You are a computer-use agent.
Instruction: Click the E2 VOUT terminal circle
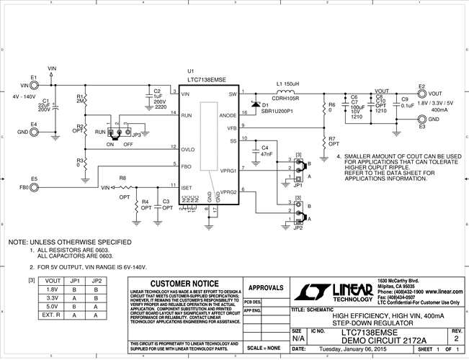coord(421,94)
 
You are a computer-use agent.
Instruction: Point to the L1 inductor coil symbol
coord(287,92)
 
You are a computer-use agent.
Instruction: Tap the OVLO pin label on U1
coord(189,150)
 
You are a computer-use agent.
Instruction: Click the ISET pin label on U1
coord(187,186)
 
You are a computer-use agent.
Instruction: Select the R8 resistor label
coord(122,177)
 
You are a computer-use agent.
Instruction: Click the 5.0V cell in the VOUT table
coord(51,305)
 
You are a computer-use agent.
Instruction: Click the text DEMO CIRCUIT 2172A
coord(383,340)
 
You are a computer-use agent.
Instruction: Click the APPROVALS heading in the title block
coord(263,287)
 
